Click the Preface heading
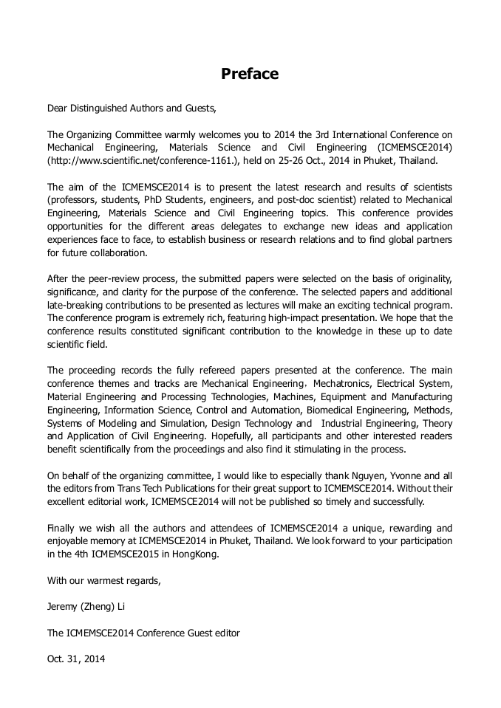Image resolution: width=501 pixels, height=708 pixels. tap(250, 74)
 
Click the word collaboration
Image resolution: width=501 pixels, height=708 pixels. tap(118, 252)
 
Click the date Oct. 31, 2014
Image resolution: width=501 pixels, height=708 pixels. tap(76, 659)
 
